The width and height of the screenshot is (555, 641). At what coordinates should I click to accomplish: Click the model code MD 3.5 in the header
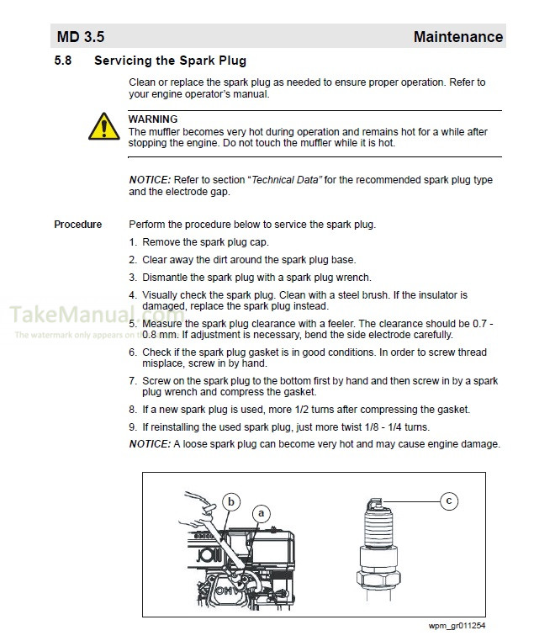(x=81, y=37)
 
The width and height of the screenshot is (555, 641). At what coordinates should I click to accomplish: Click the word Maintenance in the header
(x=457, y=37)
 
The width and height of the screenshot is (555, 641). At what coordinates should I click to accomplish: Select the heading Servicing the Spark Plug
(x=170, y=61)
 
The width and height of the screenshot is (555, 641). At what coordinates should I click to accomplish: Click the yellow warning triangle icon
(x=103, y=128)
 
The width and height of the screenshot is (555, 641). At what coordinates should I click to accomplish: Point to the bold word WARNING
(x=152, y=119)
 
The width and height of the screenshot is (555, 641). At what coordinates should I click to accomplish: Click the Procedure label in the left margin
(x=78, y=225)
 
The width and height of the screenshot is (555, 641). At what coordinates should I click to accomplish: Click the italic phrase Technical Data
(x=287, y=180)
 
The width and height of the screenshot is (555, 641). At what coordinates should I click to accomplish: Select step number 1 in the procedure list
(x=133, y=242)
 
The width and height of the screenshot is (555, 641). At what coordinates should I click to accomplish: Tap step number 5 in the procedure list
(x=133, y=324)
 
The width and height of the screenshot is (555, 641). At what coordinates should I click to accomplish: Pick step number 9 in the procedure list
(x=133, y=427)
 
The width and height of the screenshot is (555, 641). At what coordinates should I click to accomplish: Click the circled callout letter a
(x=262, y=512)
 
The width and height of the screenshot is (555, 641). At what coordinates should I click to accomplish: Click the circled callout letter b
(x=230, y=501)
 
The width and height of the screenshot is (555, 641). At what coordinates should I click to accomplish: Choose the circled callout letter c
(x=449, y=501)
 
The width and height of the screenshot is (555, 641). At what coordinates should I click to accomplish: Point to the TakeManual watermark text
(x=76, y=315)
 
